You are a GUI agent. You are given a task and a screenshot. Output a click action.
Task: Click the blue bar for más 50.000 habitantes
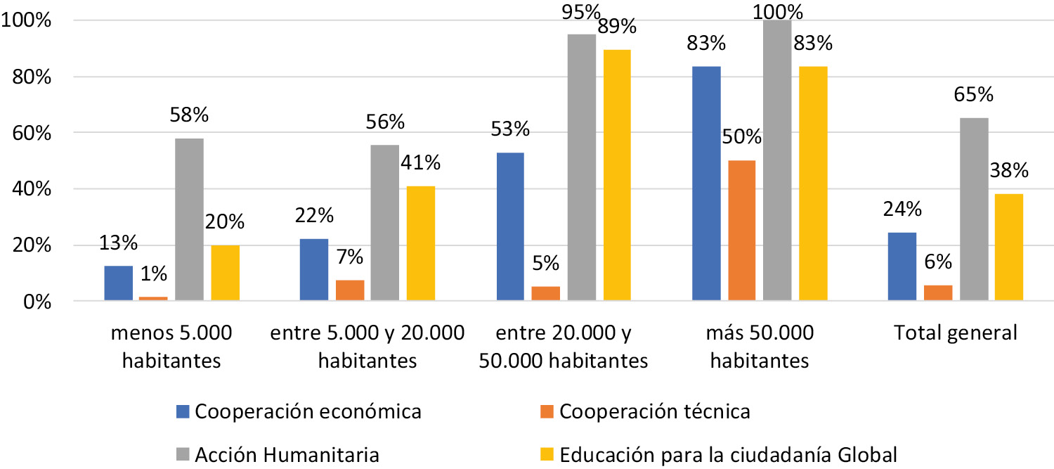tap(706, 184)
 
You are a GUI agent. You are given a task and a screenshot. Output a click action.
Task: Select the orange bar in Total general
tap(938, 293)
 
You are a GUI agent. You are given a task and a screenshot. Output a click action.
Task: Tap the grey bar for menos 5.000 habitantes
tap(189, 220)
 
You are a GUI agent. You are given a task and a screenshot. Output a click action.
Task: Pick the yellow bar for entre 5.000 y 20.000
tap(420, 244)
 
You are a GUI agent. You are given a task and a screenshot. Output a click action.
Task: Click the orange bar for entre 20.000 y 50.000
tap(545, 294)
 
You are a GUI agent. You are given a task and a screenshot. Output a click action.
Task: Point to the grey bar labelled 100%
tap(776, 161)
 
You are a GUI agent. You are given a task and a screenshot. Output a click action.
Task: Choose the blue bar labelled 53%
tap(511, 227)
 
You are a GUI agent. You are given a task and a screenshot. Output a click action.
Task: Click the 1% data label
tap(154, 274)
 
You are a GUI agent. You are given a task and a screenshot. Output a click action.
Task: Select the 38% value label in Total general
tap(1008, 171)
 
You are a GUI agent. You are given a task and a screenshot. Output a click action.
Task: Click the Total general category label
tap(956, 333)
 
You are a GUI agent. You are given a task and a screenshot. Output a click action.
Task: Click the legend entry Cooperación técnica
tap(655, 411)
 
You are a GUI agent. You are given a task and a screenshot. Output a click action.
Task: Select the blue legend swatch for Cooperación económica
tap(184, 411)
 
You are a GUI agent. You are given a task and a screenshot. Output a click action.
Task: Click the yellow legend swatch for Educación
tap(549, 455)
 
